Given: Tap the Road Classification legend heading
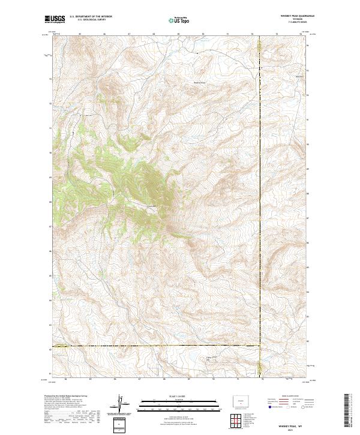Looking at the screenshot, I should coord(288,397).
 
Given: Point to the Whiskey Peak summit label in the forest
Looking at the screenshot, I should coord(152,206).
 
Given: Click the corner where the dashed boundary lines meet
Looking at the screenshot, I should coord(259,346).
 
